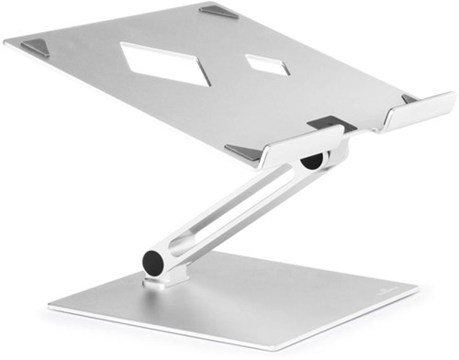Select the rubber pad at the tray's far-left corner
37,47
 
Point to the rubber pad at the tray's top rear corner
219,13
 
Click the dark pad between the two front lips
325,120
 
